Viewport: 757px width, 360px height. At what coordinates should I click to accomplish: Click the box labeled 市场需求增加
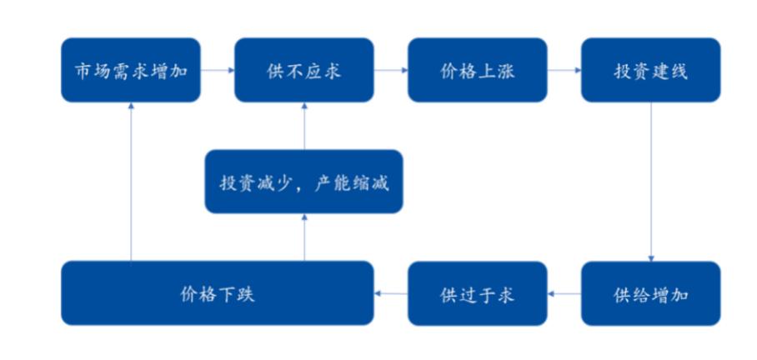pyautogui.click(x=131, y=70)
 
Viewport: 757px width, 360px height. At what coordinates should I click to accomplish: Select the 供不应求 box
pyautogui.click(x=304, y=70)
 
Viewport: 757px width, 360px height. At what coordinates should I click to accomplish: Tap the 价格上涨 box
pyautogui.click(x=478, y=70)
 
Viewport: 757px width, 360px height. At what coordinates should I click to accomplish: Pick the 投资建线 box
pyautogui.click(x=651, y=70)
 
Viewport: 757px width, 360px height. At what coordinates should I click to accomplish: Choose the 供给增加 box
pyautogui.click(x=651, y=293)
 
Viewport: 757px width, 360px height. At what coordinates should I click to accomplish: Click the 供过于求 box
pyautogui.click(x=478, y=293)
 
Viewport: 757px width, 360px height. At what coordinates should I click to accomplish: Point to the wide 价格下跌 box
pyautogui.click(x=218, y=293)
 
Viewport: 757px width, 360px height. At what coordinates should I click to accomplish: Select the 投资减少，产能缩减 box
pyautogui.click(x=304, y=182)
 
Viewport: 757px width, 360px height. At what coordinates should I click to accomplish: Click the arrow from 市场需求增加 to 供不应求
pyautogui.click(x=218, y=70)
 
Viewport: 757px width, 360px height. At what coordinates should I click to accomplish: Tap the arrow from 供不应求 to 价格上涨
pyautogui.click(x=391, y=70)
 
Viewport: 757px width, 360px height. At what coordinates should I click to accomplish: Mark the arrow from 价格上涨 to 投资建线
pyautogui.click(x=564, y=70)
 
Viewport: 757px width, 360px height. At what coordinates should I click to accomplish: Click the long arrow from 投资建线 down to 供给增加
pyautogui.click(x=651, y=182)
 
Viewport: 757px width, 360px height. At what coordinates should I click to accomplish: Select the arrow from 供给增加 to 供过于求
pyautogui.click(x=564, y=293)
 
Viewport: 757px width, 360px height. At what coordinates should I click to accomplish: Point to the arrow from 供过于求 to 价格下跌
pyautogui.click(x=390, y=293)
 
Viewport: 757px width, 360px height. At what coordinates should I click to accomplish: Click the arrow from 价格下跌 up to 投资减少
pyautogui.click(x=304, y=237)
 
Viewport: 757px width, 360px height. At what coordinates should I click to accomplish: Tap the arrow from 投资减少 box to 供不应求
pyautogui.click(x=304, y=126)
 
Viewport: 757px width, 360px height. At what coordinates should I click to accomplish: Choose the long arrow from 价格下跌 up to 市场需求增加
pyautogui.click(x=131, y=182)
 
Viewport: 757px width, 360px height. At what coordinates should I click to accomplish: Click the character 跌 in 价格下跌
pyautogui.click(x=245, y=293)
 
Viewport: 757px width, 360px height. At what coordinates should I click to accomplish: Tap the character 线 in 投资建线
pyautogui.click(x=679, y=71)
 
